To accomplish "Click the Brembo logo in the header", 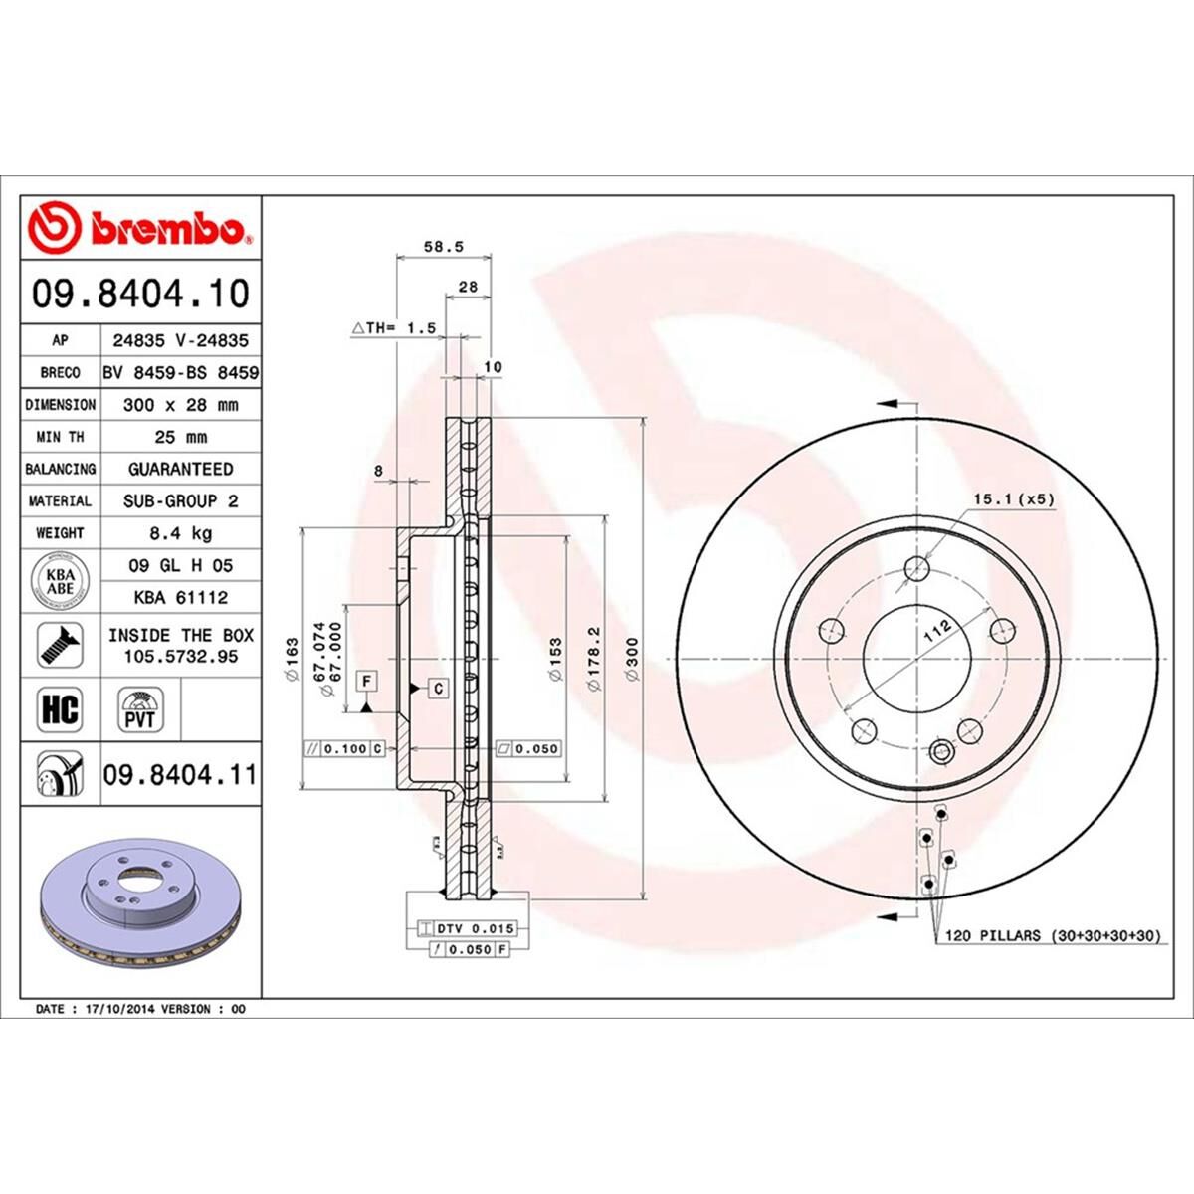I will point(139,228).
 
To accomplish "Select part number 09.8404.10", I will point(140,294).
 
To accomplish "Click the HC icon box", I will point(59,710).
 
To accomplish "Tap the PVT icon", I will point(140,709).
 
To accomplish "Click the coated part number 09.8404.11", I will point(179,774).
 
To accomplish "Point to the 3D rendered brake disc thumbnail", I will point(139,905).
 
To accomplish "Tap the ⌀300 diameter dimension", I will point(632,659).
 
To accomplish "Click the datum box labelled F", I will point(367,681).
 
